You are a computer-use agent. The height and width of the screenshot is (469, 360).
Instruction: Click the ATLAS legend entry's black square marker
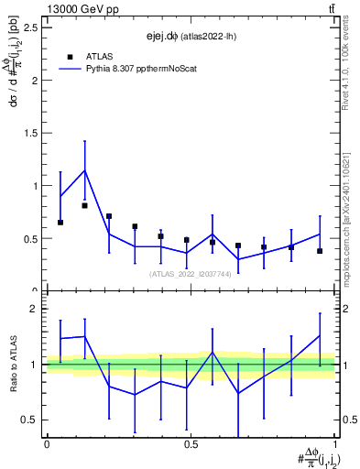click(x=71, y=56)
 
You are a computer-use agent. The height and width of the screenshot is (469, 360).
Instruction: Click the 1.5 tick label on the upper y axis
click(x=30, y=133)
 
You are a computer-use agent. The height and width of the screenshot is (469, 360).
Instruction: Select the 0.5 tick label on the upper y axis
click(x=30, y=239)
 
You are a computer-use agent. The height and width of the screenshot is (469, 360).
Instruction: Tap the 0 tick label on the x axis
click(x=46, y=444)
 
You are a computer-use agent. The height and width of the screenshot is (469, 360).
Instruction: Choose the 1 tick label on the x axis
click(x=334, y=444)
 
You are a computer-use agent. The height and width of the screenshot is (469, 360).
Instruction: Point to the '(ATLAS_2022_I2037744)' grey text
click(x=190, y=273)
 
